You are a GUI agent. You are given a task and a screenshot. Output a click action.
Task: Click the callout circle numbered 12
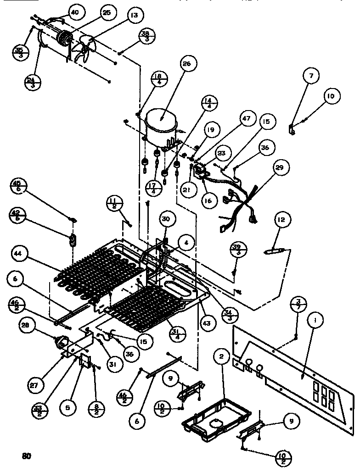[281, 220]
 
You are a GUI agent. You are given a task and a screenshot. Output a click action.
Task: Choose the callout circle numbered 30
[165, 220]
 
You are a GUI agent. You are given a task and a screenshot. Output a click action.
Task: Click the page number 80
[27, 456]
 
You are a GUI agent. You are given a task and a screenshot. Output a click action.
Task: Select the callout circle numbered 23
[221, 154]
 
